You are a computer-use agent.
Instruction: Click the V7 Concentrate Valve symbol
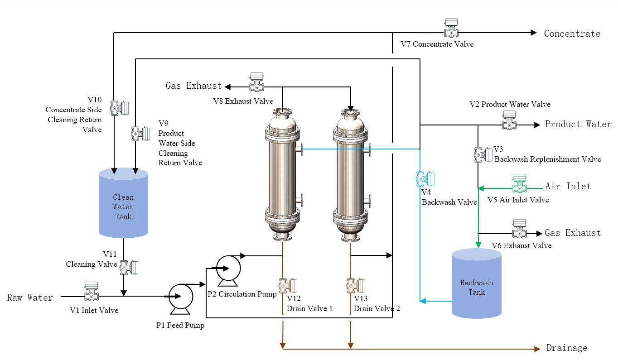pyautogui.click(x=451, y=28)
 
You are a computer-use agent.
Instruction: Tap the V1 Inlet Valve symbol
pyautogui.click(x=92, y=291)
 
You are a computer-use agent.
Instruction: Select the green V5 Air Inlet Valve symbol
pyautogui.click(x=520, y=183)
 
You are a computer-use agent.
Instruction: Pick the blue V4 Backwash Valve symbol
pyautogui.click(x=425, y=179)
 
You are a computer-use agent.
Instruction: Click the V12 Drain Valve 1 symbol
pyautogui.click(x=288, y=286)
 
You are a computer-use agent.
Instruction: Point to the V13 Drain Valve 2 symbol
pyautogui.click(x=356, y=286)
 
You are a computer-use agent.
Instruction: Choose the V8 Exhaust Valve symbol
pyautogui.click(x=256, y=82)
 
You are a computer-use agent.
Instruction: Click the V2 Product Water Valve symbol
pyautogui.click(x=509, y=120)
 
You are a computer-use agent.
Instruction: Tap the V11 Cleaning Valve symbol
pyautogui.click(x=129, y=267)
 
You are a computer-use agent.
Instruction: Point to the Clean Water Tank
pyautogui.click(x=123, y=203)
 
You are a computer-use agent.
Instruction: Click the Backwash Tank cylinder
pyautogui.click(x=477, y=283)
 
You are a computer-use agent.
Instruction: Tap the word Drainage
pyautogui.click(x=567, y=348)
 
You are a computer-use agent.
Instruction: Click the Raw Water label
pyautogui.click(x=30, y=298)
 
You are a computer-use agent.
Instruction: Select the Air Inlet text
pyautogui.click(x=568, y=186)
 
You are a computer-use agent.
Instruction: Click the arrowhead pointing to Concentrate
pyautogui.click(x=534, y=33)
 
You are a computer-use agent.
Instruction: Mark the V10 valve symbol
pyautogui.click(x=120, y=108)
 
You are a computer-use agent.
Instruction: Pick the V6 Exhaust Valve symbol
pyautogui.click(x=520, y=229)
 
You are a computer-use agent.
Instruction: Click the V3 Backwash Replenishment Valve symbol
pyautogui.click(x=483, y=155)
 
